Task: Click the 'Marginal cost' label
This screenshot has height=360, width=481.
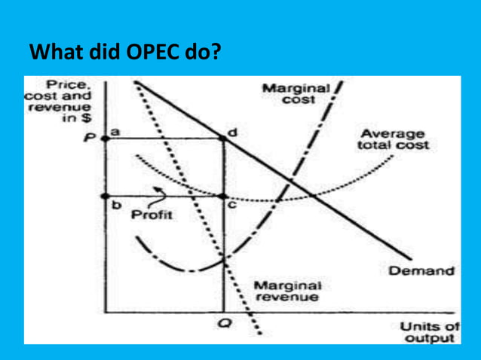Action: [x=296, y=94]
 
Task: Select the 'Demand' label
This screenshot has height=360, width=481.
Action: [x=421, y=270]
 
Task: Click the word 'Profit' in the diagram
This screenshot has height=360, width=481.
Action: [x=152, y=215]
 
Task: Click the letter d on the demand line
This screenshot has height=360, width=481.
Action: [x=232, y=131]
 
